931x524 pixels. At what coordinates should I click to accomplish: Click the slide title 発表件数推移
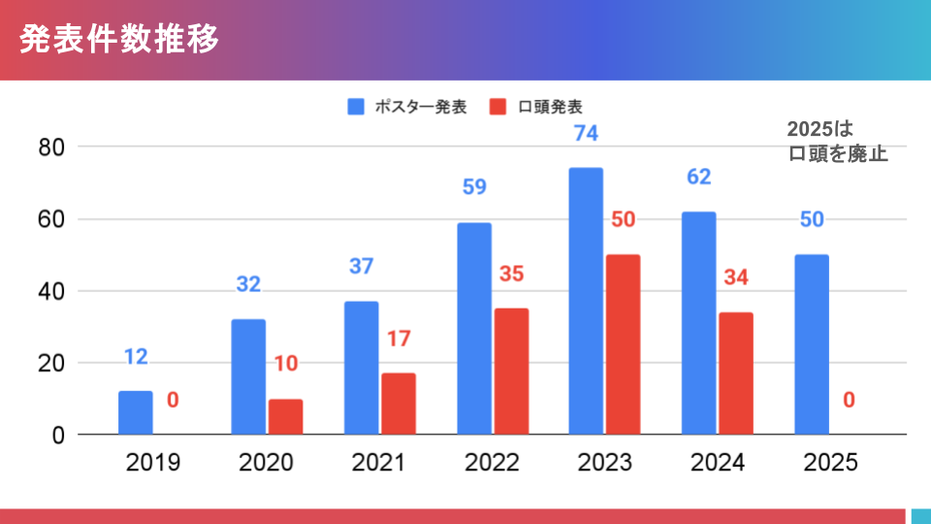119,40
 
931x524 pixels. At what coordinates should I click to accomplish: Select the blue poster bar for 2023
586,301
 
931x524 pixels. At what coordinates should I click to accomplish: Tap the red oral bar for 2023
624,344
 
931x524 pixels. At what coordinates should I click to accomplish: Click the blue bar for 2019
136,412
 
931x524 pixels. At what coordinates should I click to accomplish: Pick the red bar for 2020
285,416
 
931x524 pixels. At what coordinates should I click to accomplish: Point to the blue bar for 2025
812,344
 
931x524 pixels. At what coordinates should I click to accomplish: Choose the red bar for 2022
511,371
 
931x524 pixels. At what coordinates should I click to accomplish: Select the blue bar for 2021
361,368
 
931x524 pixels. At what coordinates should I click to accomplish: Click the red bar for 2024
736,373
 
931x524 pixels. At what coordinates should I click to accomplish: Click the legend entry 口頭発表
539,107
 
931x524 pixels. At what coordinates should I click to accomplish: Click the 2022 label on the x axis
492,463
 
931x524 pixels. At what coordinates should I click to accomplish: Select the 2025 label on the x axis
830,463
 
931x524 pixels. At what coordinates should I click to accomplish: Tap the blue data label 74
587,135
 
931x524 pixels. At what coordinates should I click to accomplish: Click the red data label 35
511,274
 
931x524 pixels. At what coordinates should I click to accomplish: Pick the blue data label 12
136,357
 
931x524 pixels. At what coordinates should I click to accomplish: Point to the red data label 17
399,340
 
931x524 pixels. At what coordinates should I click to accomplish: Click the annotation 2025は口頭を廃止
837,142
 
